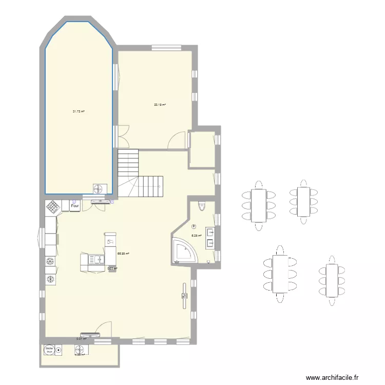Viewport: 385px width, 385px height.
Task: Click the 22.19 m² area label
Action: [x=160, y=105]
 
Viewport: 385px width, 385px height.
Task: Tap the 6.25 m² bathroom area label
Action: [x=196, y=236]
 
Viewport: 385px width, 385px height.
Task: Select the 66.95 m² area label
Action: [x=123, y=253]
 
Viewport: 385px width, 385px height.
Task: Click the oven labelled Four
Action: [x=75, y=205]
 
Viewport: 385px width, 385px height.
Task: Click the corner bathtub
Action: [x=183, y=251]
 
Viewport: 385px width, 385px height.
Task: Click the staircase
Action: [x=140, y=174]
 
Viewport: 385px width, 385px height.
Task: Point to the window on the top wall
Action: [x=166, y=48]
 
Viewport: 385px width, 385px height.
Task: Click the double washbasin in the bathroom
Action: [x=210, y=237]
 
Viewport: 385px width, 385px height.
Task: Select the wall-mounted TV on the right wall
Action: [x=184, y=296]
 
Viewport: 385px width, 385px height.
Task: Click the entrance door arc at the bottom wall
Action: [x=104, y=329]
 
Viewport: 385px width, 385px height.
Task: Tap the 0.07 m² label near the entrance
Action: [x=81, y=338]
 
